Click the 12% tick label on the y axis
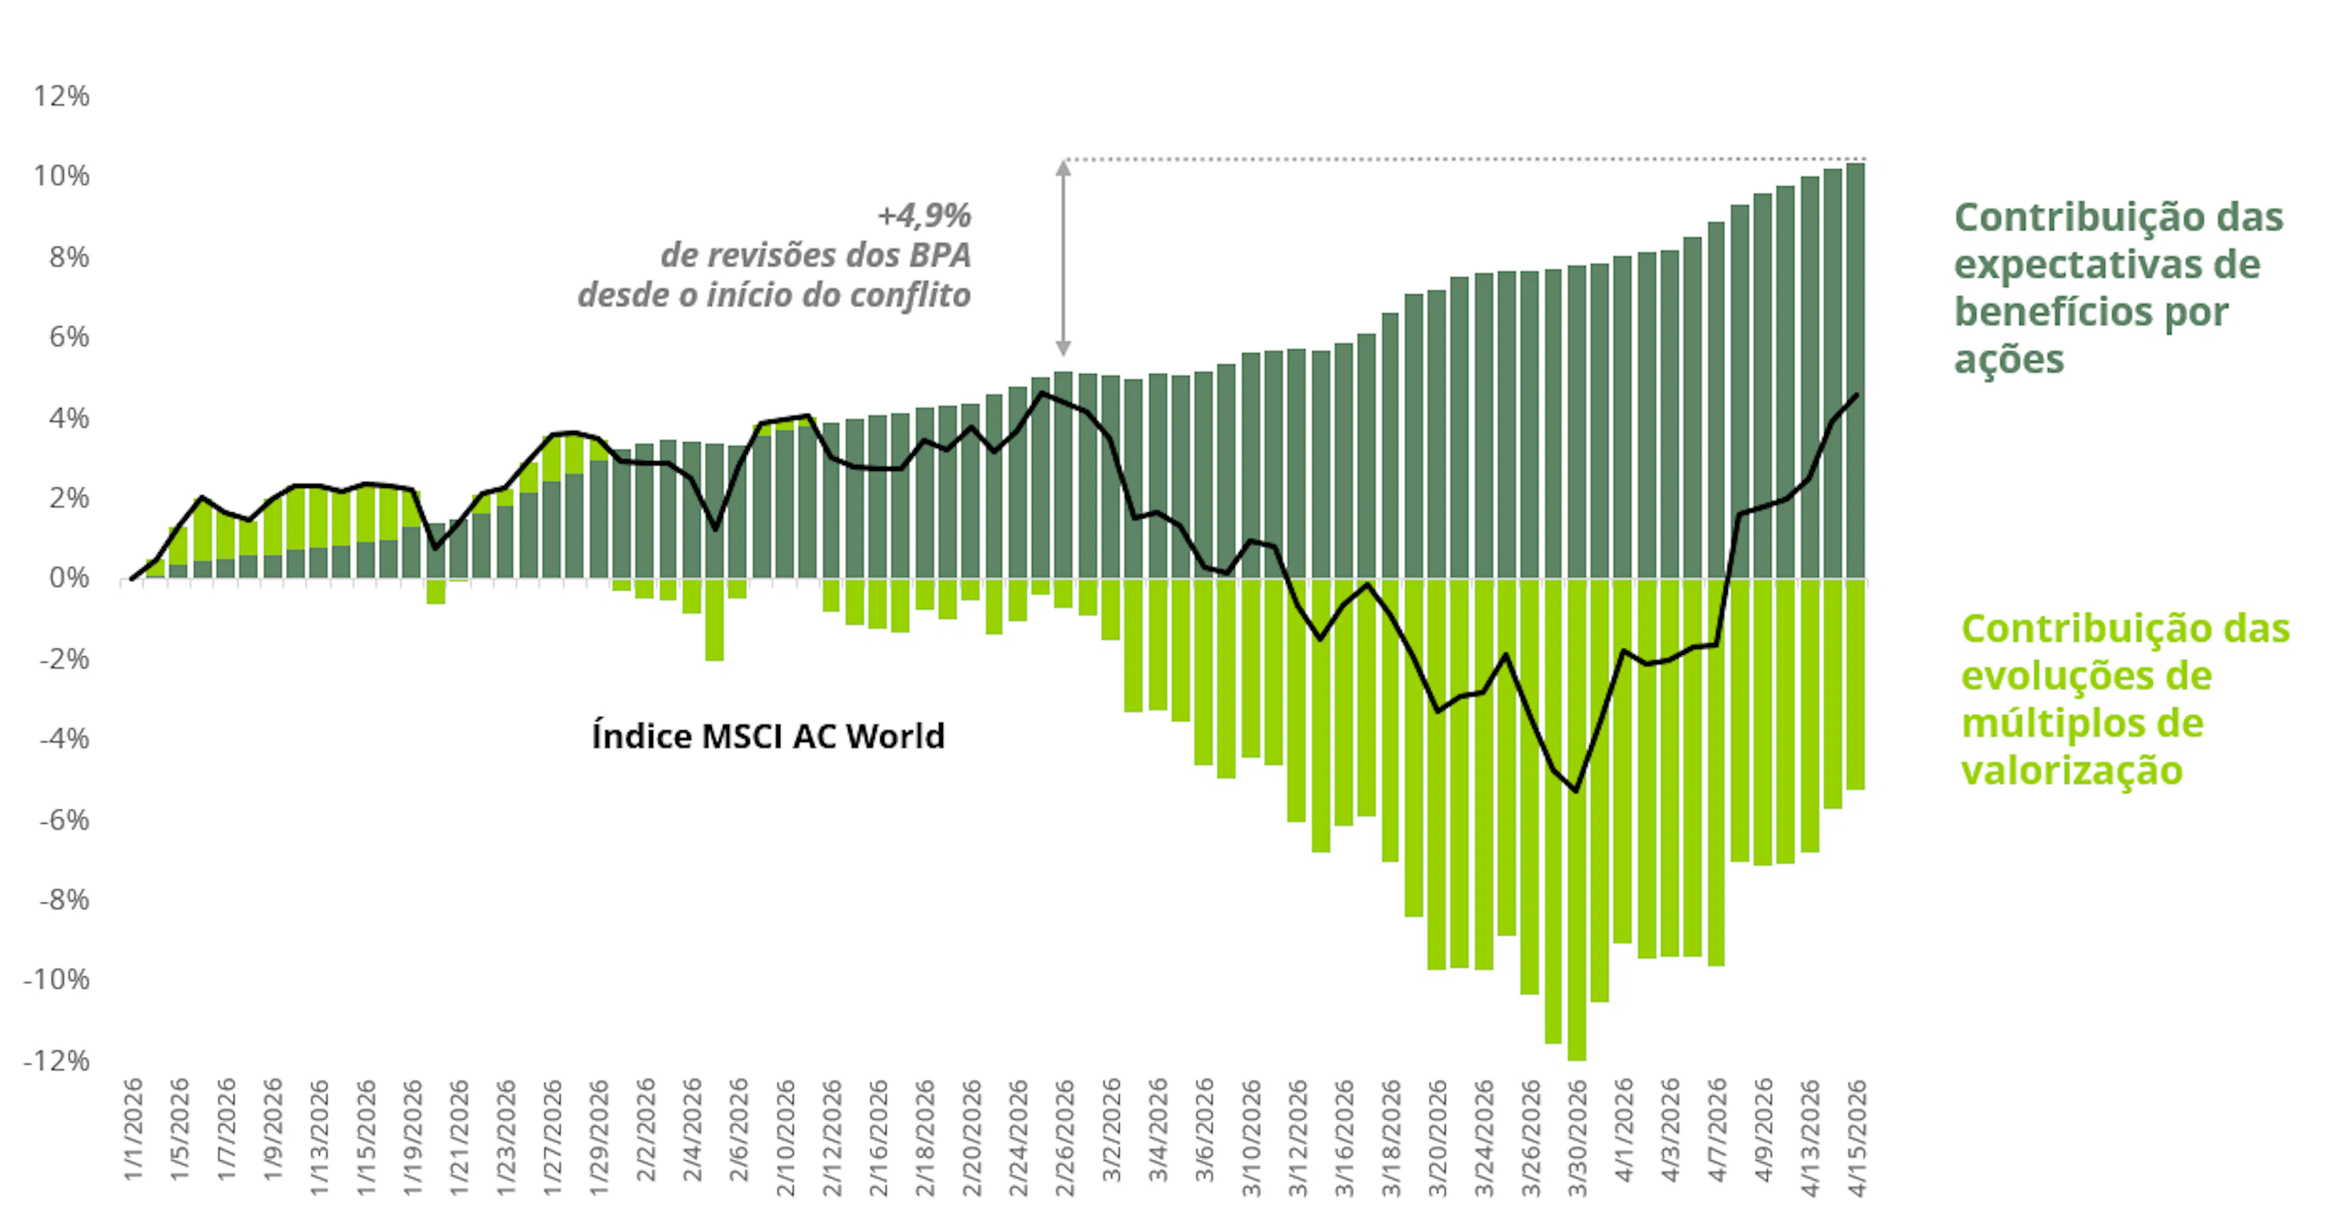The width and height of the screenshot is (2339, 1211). pos(62,96)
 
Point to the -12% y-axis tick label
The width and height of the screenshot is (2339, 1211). pos(56,1061)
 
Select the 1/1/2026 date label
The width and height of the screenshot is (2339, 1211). pos(133,1130)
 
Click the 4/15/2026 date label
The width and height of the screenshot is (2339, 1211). pos(1857,1137)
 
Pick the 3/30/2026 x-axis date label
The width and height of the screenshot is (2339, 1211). pos(1577,1137)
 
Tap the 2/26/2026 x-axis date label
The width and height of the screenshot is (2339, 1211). pos(1064,1137)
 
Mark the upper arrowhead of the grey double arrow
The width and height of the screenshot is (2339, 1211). pos(1064,166)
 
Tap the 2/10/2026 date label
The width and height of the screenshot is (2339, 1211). pos(785,1137)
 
